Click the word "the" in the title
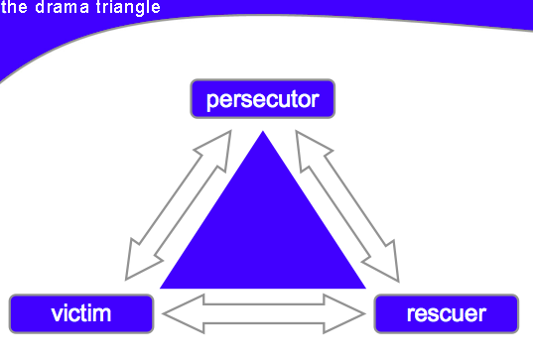(14, 7)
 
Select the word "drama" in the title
(63, 7)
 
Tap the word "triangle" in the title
(128, 8)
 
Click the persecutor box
(263, 99)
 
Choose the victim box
(81, 313)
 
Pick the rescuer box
(447, 313)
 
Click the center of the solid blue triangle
(263, 236)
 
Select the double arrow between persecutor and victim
(179, 205)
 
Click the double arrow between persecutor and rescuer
(347, 206)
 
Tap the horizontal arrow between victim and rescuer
(264, 313)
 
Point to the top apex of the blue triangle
(263, 131)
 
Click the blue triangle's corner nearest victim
(160, 289)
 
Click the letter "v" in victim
(58, 314)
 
